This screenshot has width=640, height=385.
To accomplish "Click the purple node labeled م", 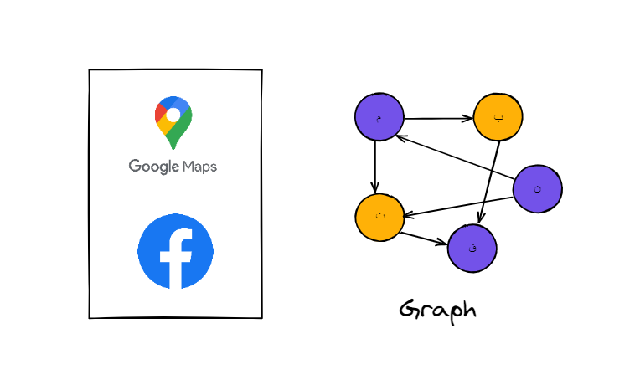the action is click(379, 116).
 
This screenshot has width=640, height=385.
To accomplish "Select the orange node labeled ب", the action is click(498, 117).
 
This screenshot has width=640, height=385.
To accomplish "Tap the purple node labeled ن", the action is click(537, 188).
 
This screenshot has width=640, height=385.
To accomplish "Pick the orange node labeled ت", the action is click(379, 217).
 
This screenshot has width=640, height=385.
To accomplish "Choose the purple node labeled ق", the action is click(472, 248).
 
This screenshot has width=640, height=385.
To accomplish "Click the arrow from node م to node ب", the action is click(438, 118).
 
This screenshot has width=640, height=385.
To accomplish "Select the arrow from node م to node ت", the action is click(376, 166).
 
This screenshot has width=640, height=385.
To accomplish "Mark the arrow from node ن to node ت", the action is click(458, 207).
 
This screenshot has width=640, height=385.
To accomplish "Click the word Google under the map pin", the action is click(154, 166).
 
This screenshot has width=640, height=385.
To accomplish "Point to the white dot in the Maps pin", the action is click(173, 114).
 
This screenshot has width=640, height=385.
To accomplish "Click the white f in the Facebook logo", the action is click(177, 256).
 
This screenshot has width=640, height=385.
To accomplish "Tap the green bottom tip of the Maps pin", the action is click(174, 141).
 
